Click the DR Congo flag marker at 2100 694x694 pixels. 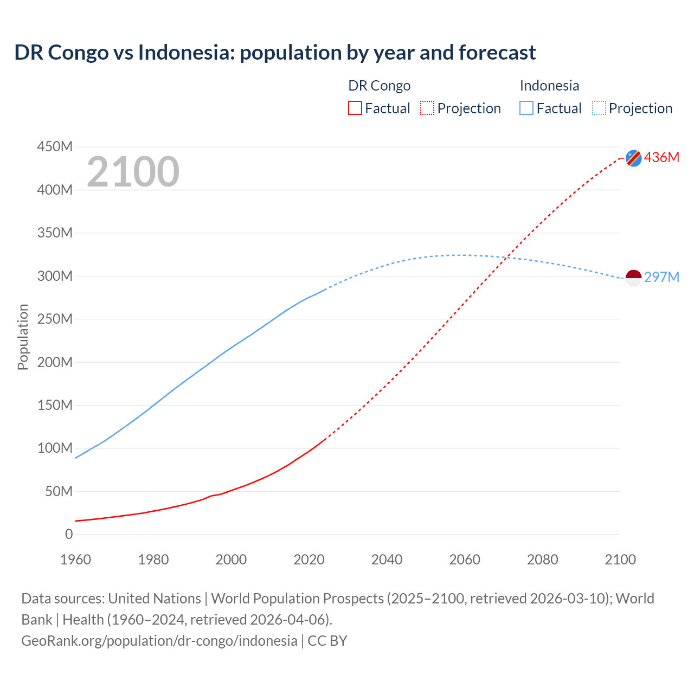[x=633, y=158]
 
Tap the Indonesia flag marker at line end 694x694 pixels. [x=633, y=278]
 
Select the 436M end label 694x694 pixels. [x=661, y=157]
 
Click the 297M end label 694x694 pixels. [x=661, y=277]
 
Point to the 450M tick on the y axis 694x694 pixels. [x=55, y=146]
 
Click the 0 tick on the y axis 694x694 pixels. [x=69, y=534]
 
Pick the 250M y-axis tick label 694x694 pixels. [x=55, y=319]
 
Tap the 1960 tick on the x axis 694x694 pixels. [x=75, y=559]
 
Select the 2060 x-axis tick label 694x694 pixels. [x=465, y=559]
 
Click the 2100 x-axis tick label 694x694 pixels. [x=620, y=559]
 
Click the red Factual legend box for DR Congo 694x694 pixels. [x=355, y=108]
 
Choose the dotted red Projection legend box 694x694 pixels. [x=427, y=108]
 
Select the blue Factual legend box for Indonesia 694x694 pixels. [x=526, y=108]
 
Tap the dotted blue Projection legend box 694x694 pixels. [x=599, y=108]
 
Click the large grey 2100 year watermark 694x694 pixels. [x=133, y=172]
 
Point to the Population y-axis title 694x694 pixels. [x=23, y=337]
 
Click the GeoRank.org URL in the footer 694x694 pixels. [x=159, y=640]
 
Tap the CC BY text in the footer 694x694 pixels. [x=327, y=640]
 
